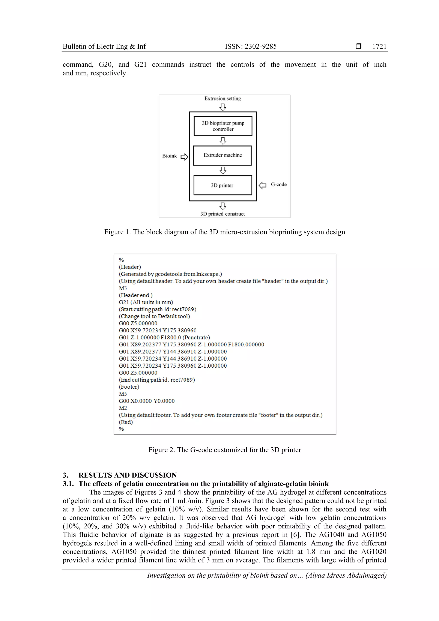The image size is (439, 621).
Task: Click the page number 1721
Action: tap(379, 47)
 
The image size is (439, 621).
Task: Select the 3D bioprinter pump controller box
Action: tap(223, 126)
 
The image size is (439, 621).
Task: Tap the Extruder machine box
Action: tap(222, 156)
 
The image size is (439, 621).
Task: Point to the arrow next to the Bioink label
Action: tap(184, 157)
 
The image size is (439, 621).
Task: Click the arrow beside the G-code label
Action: tap(262, 185)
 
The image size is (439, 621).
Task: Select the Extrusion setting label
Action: tap(223, 98)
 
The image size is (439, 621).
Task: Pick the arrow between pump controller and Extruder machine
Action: tap(223, 141)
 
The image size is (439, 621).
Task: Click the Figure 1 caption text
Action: tap(224, 232)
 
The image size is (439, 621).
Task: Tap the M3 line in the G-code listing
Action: tap(123, 288)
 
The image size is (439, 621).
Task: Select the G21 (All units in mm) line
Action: tap(146, 302)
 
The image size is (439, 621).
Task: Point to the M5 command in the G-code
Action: tap(123, 394)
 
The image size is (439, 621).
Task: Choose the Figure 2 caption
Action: tap(224, 450)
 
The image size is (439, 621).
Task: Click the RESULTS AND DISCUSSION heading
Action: tap(127, 475)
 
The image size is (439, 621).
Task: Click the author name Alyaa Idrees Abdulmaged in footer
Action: tap(346, 575)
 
